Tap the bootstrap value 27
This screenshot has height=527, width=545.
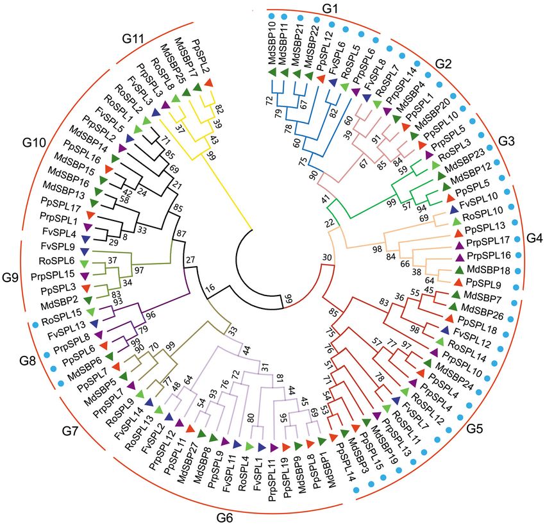coord(190,260)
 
